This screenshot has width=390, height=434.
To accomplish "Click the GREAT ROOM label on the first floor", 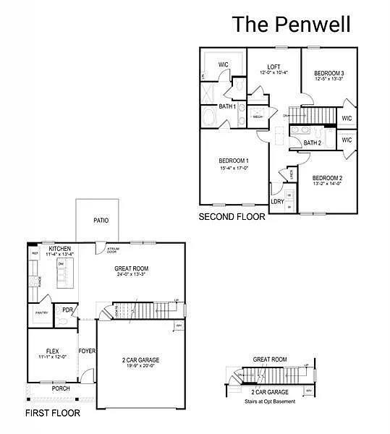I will coord(130,268).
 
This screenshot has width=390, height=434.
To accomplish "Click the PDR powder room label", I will coord(67,310).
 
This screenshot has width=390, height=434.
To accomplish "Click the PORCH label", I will coord(61,388).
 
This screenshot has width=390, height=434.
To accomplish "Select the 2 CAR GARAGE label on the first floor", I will coord(140,359).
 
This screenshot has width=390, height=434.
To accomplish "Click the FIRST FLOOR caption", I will coord(53,413).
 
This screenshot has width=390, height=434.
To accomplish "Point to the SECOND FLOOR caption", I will coord(232,216).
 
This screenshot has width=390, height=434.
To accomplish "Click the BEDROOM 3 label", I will coord(328,74).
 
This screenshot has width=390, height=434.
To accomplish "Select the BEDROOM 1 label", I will coord(234,160).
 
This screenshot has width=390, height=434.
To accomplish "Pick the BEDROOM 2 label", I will coord(327,177).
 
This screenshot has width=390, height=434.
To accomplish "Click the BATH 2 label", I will coord(312,143).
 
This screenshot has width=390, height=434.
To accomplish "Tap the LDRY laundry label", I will coord(277,202).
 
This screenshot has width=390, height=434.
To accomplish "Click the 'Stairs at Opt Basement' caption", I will coord(270,399).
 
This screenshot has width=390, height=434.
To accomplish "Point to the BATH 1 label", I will coord(228,107).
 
